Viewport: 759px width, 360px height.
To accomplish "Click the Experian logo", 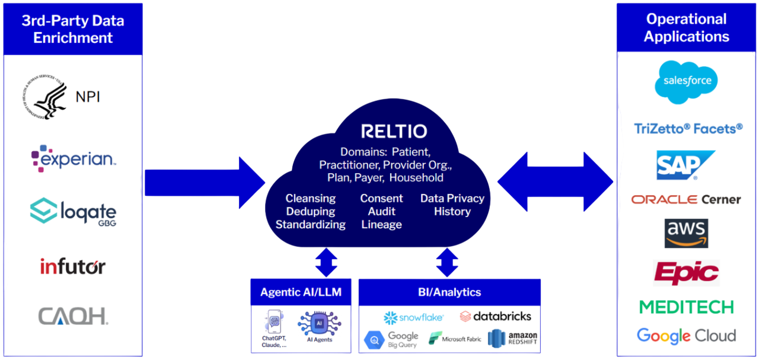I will pos(74,158).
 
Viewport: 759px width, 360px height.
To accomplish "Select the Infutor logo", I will pos(73,266).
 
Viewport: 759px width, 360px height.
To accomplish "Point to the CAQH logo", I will pos(73,316).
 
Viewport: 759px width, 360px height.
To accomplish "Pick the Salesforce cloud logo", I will pos(687,81).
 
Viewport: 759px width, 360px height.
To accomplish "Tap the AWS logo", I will pos(686,232).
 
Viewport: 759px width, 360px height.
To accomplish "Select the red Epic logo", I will pos(686,273).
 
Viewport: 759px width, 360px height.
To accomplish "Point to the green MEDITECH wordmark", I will pos(686,307).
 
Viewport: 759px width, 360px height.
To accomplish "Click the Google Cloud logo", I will pos(686,336).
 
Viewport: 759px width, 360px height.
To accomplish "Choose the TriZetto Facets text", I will pos(688,128).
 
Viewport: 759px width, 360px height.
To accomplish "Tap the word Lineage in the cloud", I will pos(381,225).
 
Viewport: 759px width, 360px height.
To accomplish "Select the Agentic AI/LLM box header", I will pos(301,292).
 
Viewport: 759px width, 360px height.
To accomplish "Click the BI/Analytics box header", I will pos(449,292).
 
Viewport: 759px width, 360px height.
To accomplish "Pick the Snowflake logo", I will pos(414,318).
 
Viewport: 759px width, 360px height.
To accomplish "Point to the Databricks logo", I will pos(496,316).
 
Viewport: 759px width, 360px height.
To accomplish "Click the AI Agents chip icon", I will pos(320,324).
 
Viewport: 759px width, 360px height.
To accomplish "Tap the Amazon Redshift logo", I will pos(513,339).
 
